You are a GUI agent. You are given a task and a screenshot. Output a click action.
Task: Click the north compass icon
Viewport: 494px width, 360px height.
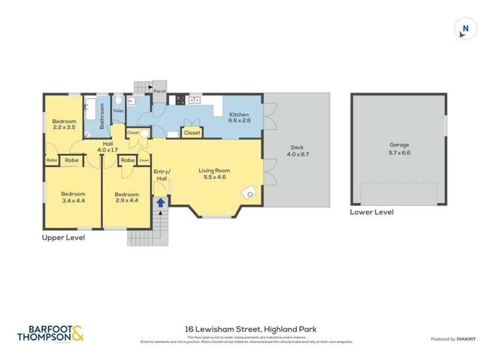click(x=466, y=28)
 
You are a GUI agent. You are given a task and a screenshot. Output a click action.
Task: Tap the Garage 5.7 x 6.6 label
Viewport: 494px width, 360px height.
click(x=398, y=149)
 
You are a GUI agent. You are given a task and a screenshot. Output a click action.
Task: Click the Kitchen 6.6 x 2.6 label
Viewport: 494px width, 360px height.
click(x=240, y=117)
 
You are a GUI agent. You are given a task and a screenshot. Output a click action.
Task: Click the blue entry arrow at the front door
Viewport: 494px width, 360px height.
click(x=159, y=203)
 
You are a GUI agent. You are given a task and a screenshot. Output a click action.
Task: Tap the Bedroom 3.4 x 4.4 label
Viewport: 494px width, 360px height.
click(x=73, y=197)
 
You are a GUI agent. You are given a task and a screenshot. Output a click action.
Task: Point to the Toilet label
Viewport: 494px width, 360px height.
click(x=118, y=111)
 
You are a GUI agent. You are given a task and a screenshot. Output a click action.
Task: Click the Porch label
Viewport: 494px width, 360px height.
click(x=159, y=91)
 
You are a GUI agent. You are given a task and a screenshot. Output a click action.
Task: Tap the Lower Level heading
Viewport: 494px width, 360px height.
click(x=371, y=213)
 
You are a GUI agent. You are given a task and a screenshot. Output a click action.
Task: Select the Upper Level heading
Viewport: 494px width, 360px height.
click(x=63, y=238)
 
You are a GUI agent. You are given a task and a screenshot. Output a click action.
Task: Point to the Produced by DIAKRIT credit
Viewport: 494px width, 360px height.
click(x=456, y=339)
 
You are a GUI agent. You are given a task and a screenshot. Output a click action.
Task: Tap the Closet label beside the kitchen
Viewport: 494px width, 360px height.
click(x=192, y=133)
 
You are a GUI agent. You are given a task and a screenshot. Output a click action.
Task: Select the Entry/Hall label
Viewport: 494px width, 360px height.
click(x=162, y=174)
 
